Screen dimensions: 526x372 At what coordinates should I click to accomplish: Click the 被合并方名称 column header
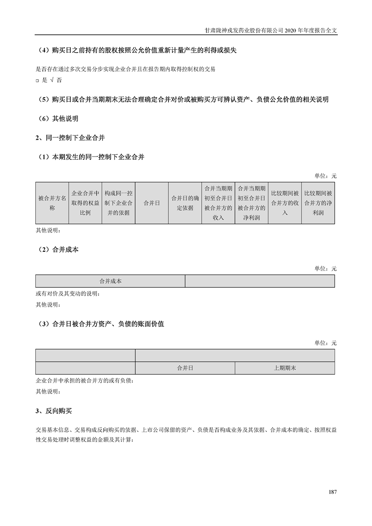pos(52,203)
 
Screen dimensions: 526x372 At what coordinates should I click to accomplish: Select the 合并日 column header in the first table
pos(152,203)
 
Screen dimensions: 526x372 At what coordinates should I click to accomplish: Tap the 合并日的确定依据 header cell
pos(185,203)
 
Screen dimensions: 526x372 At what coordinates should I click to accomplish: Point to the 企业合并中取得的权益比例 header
pos(85,203)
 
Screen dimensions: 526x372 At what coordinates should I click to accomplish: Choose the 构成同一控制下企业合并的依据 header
pos(118,203)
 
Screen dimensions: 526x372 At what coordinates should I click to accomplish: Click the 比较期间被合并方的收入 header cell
pos(285,203)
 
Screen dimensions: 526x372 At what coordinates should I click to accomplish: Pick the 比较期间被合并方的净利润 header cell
pos(318,203)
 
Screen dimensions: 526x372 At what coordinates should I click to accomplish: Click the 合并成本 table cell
pos(110,281)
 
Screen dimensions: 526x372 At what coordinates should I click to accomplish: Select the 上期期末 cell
pos(285,368)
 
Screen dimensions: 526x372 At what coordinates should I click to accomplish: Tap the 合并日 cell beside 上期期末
pos(185,368)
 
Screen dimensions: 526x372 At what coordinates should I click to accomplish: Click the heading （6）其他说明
pos(58,119)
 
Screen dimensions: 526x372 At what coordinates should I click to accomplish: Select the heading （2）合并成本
pos(58,250)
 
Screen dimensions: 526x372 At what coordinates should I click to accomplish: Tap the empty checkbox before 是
pos(37,81)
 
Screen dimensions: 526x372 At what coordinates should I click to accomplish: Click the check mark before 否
pos(52,80)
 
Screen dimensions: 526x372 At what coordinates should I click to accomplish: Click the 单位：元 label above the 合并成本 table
pos(326,269)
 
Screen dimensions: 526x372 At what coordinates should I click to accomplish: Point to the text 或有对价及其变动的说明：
pos(68,294)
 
